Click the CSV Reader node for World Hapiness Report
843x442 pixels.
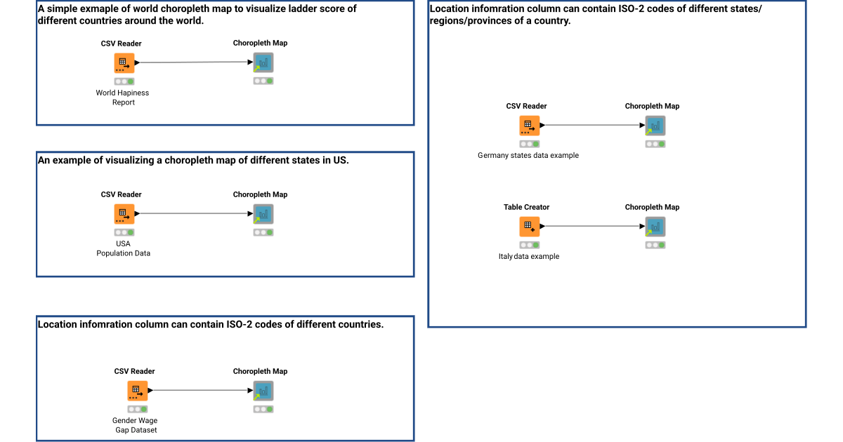point(124,63)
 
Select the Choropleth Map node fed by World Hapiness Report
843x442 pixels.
point(263,63)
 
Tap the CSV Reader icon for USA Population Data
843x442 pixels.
point(124,214)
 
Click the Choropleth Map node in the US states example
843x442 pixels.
point(263,214)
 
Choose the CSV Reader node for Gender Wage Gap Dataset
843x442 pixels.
point(138,391)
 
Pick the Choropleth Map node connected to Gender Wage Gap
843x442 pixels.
point(263,391)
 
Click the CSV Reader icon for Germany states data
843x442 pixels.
point(529,126)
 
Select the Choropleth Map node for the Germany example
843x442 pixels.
point(655,126)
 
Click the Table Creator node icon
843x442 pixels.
point(529,227)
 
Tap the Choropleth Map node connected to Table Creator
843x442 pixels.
point(655,227)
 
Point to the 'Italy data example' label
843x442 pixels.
point(528,257)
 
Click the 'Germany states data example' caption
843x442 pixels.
point(528,156)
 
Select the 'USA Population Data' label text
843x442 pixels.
point(124,248)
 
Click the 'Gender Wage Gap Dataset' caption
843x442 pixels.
point(136,425)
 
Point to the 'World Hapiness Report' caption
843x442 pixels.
point(123,98)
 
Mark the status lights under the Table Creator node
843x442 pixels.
point(530,245)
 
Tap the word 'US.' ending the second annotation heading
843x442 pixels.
point(341,160)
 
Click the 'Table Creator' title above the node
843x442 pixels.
point(526,207)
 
